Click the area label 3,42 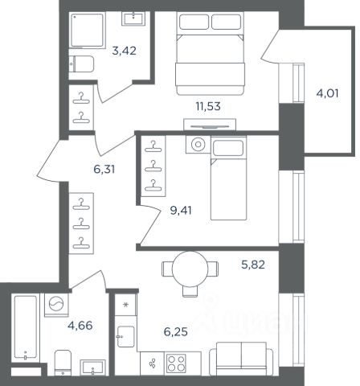click(124, 51)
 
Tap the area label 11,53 click(208, 106)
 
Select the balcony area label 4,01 click(327, 93)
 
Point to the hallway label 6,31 click(104, 169)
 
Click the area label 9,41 click(181, 211)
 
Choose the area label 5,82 click(253, 265)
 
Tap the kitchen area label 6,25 click(175, 332)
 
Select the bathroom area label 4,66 click(80, 326)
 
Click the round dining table click(190, 269)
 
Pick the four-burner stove click(176, 363)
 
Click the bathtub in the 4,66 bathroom click(26, 327)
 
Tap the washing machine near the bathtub click(56, 305)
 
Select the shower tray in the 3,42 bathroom click(87, 30)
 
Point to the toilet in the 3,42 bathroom click(81, 64)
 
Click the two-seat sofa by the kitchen click(241, 359)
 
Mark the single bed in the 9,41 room click(228, 179)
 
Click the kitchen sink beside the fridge click(125, 337)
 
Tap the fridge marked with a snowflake click(125, 305)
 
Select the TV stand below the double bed click(210, 125)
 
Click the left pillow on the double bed click(194, 22)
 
